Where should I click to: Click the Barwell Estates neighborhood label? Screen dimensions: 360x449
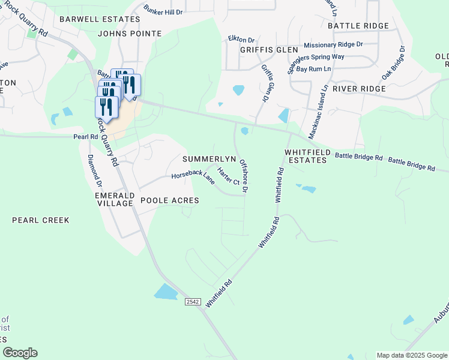[100, 19]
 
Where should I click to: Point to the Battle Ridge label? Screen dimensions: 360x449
[358, 26]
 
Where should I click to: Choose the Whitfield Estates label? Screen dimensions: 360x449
[306, 157]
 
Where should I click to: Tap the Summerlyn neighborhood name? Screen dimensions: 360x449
[208, 159]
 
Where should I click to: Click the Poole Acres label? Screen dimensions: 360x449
[169, 200]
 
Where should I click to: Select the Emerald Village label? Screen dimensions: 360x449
[113, 200]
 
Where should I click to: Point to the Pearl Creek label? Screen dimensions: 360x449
[41, 220]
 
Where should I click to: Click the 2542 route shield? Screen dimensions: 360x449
[192, 302]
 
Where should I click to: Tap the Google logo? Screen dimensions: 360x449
[20, 353]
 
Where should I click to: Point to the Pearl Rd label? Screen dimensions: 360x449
[85, 137]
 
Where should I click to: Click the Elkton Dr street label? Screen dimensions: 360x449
[241, 39]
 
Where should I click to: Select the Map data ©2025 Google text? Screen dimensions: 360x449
[411, 355]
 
